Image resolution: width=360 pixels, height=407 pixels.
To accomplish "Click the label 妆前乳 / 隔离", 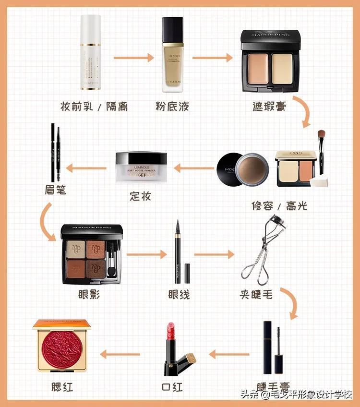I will [x=94, y=106].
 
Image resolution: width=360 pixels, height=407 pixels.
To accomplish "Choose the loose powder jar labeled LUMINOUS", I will [x=142, y=168].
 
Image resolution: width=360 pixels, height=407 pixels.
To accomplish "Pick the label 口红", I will [x=171, y=386].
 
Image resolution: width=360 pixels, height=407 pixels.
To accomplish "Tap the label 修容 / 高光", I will [x=279, y=206].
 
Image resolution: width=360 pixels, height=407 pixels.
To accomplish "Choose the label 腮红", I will [x=62, y=386].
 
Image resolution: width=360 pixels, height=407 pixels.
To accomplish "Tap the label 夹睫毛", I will [x=256, y=294].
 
